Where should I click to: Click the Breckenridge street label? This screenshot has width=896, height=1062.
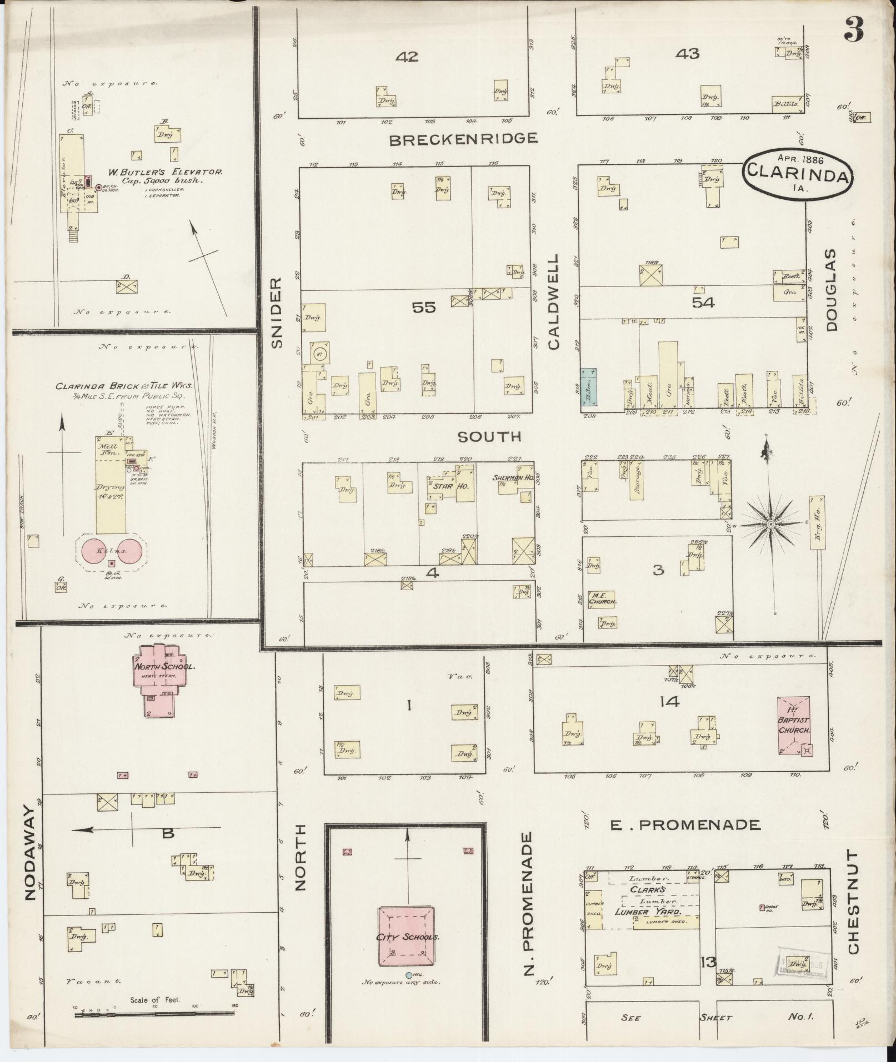click(463, 139)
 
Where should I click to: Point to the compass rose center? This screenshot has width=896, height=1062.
click(771, 524)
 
